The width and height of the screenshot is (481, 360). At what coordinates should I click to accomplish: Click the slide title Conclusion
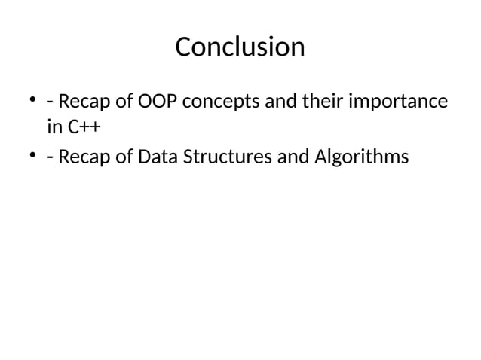(240, 47)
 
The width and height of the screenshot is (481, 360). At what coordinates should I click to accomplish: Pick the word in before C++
(55, 128)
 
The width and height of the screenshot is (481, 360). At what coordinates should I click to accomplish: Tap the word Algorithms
(363, 158)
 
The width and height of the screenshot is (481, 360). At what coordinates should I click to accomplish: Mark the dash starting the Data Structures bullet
(50, 159)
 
